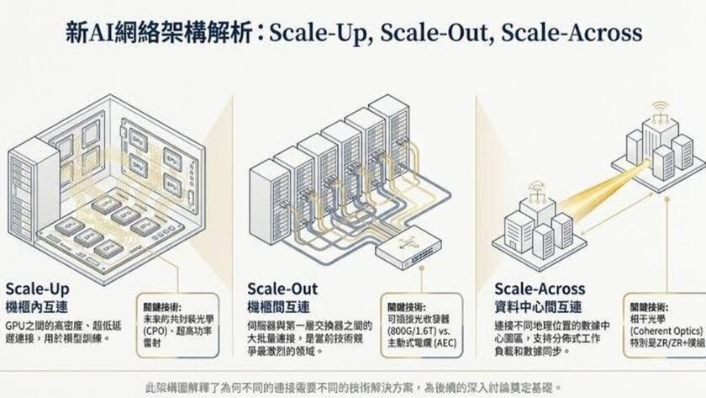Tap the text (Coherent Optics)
tap(669, 330)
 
